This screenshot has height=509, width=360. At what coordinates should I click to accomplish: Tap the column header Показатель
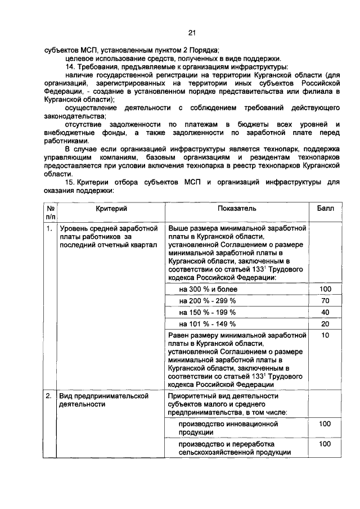pyautogui.click(x=237, y=208)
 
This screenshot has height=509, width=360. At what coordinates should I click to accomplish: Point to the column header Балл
pyautogui.click(x=325, y=208)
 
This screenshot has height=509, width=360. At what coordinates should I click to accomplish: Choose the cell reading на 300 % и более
pyautogui.click(x=208, y=289)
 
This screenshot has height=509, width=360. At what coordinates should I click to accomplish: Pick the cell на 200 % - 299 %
pyautogui.click(x=208, y=301)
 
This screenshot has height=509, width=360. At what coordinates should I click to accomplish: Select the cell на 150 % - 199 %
pyautogui.click(x=208, y=313)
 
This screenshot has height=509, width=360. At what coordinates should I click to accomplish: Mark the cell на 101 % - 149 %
pyautogui.click(x=208, y=325)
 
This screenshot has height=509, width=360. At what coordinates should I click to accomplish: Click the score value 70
pyautogui.click(x=325, y=301)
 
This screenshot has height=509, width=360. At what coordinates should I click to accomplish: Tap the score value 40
pyautogui.click(x=325, y=313)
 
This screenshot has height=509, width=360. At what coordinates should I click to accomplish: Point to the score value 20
pyautogui.click(x=325, y=325)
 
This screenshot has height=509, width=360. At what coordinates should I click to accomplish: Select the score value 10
pyautogui.click(x=325, y=335)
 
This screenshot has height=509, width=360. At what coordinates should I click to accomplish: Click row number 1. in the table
pyautogui.click(x=50, y=229)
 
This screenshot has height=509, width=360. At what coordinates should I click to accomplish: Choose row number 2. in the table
pyautogui.click(x=50, y=397)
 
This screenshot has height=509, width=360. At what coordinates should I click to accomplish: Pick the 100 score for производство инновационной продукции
pyautogui.click(x=325, y=424)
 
